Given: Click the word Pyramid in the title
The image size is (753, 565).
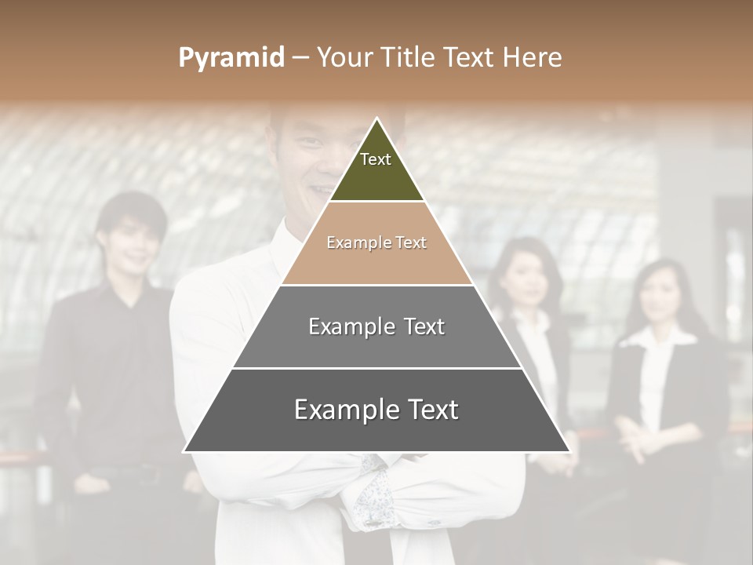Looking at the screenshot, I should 231,57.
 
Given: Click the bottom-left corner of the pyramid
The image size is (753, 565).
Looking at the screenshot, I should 185,451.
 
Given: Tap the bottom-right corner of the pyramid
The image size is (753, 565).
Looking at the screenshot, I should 569,451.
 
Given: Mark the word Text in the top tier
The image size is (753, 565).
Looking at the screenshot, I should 375,159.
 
